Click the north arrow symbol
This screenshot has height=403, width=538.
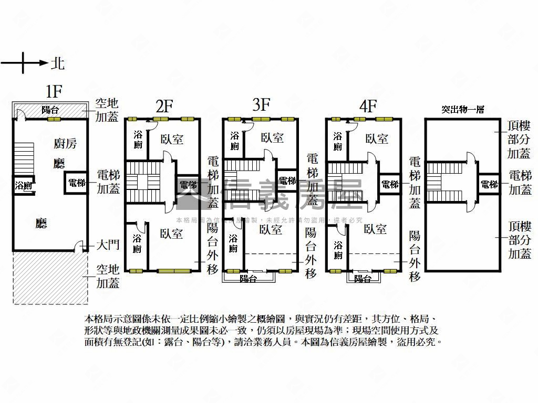click(x=24, y=63)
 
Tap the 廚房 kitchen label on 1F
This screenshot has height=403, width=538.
click(x=65, y=143)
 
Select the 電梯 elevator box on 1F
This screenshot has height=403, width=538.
click(x=77, y=183)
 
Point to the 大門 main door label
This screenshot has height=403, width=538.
click(x=108, y=245)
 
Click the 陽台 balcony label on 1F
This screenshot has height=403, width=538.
click(x=50, y=110)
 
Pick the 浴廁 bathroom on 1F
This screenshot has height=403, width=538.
click(x=23, y=185)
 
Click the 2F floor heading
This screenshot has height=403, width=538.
click(x=164, y=107)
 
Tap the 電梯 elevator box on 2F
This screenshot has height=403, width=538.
click(x=188, y=185)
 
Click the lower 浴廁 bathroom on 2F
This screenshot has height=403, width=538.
click(x=137, y=242)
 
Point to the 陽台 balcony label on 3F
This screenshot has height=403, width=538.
click(x=248, y=279)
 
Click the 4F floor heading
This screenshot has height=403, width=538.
click(x=368, y=106)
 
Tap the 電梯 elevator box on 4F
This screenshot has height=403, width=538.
click(x=390, y=184)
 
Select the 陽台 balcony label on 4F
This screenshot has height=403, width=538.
click(x=363, y=279)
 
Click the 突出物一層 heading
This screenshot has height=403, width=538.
click(x=462, y=110)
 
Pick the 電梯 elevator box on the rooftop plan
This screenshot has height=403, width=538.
click(x=489, y=184)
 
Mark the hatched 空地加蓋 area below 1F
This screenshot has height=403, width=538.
click(x=50, y=278)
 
